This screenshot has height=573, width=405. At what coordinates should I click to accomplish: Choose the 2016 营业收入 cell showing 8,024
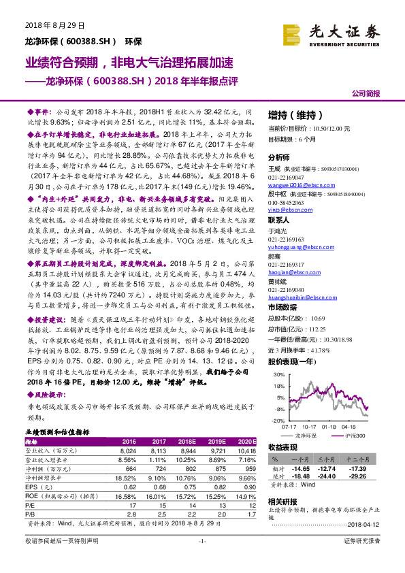[127, 451]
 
